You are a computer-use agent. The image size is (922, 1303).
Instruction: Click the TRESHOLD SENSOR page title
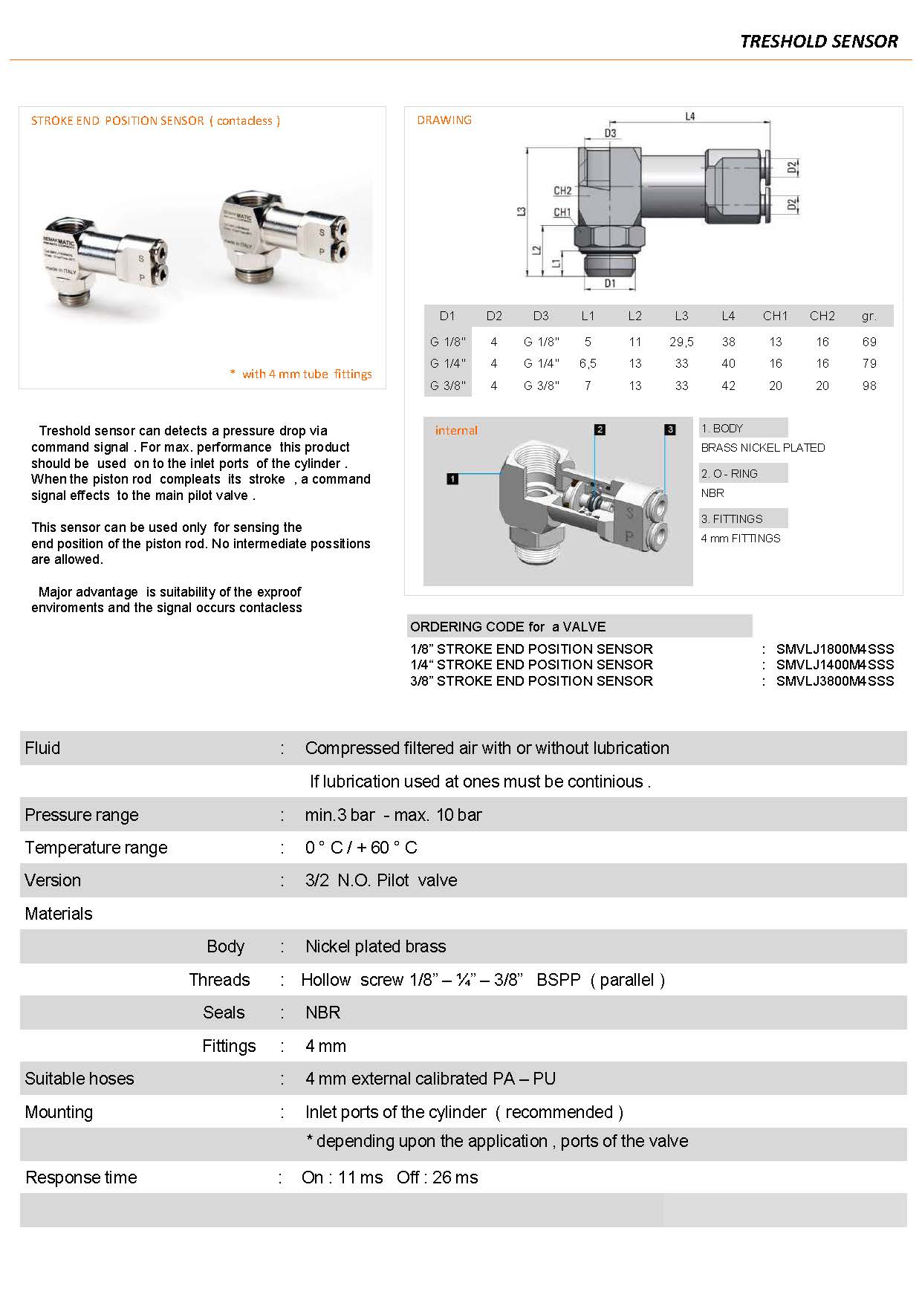pos(819,42)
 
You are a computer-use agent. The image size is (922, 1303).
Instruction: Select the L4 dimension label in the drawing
pos(689,117)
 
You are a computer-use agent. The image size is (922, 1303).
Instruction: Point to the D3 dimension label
pos(610,134)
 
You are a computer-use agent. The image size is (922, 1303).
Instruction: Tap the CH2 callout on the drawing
pos(562,191)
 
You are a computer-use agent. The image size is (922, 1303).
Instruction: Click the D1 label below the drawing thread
pos(610,283)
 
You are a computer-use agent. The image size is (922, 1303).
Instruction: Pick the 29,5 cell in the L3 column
pos(681,342)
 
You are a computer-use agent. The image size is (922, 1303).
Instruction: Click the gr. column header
pos(869,316)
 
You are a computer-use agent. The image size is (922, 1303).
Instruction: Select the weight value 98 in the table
pos(869,386)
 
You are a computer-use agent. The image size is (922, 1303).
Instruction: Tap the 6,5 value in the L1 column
pos(588,363)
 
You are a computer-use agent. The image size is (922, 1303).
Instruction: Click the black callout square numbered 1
pos(452,479)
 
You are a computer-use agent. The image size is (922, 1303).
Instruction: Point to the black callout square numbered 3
pos(670,429)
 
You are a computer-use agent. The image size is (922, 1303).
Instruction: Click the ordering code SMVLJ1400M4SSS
pos(835,665)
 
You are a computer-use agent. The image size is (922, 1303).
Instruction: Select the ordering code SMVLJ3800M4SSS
pos(835,681)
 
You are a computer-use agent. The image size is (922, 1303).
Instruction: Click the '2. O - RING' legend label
pos(729,474)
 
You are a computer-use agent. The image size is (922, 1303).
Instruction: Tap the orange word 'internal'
pos(456,431)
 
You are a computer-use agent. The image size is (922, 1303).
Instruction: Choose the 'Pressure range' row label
pos(82,815)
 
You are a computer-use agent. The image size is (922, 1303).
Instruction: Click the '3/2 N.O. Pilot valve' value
pos(381,880)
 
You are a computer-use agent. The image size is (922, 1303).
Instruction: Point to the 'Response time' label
pos(81,1177)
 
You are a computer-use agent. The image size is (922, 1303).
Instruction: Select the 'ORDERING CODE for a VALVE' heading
pos(507,627)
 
